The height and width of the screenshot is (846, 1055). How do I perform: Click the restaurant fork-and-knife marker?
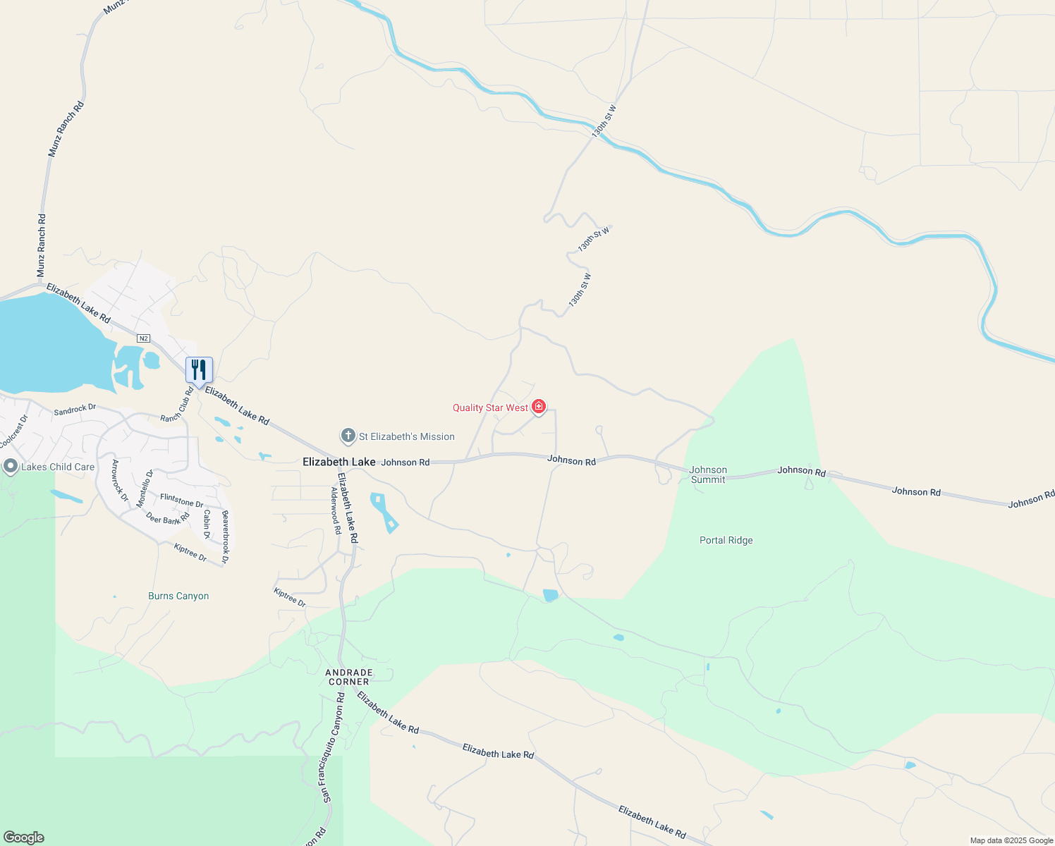pos(199,369)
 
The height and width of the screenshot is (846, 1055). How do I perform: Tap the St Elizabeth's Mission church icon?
pos(348,436)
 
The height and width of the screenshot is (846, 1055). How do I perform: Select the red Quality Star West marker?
pos(539,406)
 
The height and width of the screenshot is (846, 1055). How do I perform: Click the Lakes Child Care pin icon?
pos(10,467)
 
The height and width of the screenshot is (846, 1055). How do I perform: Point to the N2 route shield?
pos(144,338)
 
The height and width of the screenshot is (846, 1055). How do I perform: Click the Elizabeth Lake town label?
pos(339,462)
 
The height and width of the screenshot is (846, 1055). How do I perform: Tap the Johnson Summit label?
pos(708,474)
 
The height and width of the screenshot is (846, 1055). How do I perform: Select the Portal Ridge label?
pos(726,540)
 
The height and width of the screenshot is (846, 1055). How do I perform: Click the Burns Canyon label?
pos(178,596)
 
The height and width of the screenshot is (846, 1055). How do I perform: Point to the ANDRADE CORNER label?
pos(349,677)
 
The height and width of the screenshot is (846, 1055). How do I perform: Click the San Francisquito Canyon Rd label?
pos(332,747)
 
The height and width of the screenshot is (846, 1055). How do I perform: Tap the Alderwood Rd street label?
pos(336,510)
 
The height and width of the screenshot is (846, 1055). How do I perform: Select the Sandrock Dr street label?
pos(75,410)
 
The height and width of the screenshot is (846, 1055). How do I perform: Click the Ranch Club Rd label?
pos(177,405)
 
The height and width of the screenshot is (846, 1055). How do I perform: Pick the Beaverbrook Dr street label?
pos(226,537)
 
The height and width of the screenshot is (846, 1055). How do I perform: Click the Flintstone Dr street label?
pos(181,501)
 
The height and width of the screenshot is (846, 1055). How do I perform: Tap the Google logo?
pos(24,838)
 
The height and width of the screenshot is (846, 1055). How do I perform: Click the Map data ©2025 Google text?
pos(1011,840)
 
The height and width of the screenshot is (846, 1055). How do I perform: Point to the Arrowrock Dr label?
pos(120,481)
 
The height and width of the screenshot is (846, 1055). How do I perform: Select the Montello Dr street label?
pos(145,489)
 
